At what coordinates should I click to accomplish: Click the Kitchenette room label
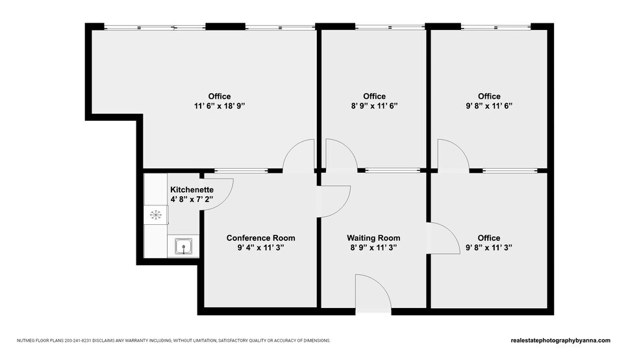point(192,190)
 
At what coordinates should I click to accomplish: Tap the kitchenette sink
point(184,246)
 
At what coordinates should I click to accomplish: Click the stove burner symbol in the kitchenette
point(156,214)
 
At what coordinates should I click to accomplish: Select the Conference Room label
point(260,238)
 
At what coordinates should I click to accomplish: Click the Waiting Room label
point(373,238)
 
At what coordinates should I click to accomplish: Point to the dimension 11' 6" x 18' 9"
point(219,106)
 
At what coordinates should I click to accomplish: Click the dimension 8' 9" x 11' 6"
point(374,106)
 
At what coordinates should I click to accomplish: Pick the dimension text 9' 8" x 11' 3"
point(489,248)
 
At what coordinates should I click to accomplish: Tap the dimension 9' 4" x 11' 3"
point(260,248)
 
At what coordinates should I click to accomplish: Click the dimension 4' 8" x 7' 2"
point(192,199)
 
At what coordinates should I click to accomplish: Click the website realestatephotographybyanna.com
point(560,341)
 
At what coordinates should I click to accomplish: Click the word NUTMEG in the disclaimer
point(29,341)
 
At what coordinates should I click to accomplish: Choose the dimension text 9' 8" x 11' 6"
point(489,106)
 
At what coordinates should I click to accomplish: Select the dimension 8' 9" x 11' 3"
point(373,248)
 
